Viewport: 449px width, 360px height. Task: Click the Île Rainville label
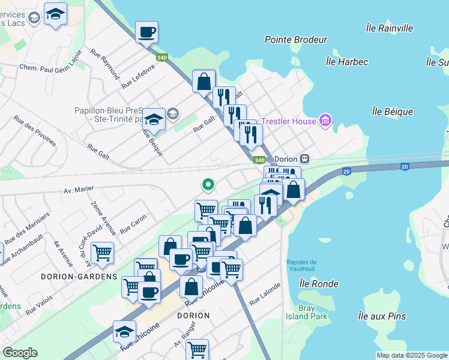coord(390,28)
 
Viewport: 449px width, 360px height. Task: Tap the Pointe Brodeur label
coord(296,40)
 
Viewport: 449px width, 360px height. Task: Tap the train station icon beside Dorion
coord(305,159)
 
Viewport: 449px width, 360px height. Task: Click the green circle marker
coord(208,185)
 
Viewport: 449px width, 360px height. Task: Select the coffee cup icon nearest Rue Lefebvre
coord(146,32)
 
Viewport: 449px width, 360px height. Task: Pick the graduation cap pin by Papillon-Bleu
coord(154,118)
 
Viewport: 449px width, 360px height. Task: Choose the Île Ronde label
coord(321,284)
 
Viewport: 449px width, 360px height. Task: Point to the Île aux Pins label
coord(381,316)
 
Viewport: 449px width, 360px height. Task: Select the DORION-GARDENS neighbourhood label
coord(79,277)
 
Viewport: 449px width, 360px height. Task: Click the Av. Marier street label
coord(79,189)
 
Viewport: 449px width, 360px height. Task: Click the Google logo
coord(20,353)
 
